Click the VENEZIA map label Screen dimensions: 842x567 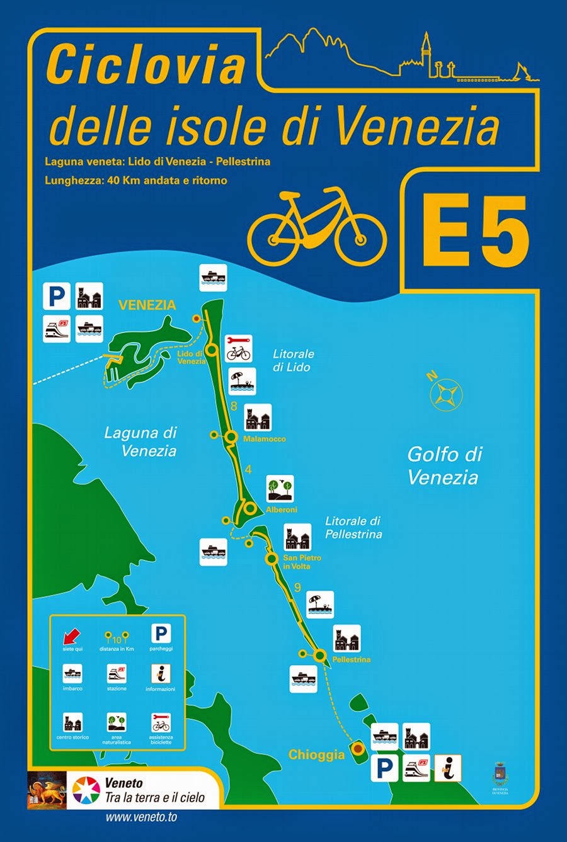pyautogui.click(x=147, y=305)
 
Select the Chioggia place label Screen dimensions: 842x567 pyautogui.click(x=316, y=754)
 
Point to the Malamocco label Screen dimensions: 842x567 pyautogui.click(x=265, y=439)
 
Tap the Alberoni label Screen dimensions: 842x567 pyautogui.click(x=282, y=509)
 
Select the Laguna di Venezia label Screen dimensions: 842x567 pyautogui.click(x=140, y=441)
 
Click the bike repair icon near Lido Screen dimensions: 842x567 pyautogui.click(x=239, y=348)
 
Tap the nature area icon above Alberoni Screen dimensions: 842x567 pyautogui.click(x=280, y=489)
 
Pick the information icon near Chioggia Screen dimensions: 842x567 pyautogui.click(x=448, y=768)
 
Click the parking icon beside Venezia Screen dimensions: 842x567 pyautogui.click(x=57, y=296)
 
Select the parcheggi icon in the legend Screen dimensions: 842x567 pyautogui.click(x=161, y=635)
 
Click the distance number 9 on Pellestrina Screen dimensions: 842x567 pyautogui.click(x=297, y=588)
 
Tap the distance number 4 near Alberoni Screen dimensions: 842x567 pyautogui.click(x=248, y=470)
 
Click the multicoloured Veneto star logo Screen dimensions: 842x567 pyautogui.click(x=86, y=791)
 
